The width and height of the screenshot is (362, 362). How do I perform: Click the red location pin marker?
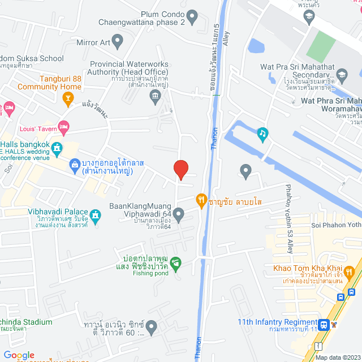point(180,169)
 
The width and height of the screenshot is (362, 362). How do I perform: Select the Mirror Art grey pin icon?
point(118,41)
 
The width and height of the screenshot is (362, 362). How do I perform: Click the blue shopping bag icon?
point(75,165)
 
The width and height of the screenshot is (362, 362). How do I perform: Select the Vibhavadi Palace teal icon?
point(96,216)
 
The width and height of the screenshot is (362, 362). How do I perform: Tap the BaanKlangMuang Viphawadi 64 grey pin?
point(178,214)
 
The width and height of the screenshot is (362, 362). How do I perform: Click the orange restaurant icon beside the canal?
point(201,199)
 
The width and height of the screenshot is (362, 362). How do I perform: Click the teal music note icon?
point(262,133)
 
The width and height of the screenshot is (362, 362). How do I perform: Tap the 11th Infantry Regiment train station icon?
point(324,325)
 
